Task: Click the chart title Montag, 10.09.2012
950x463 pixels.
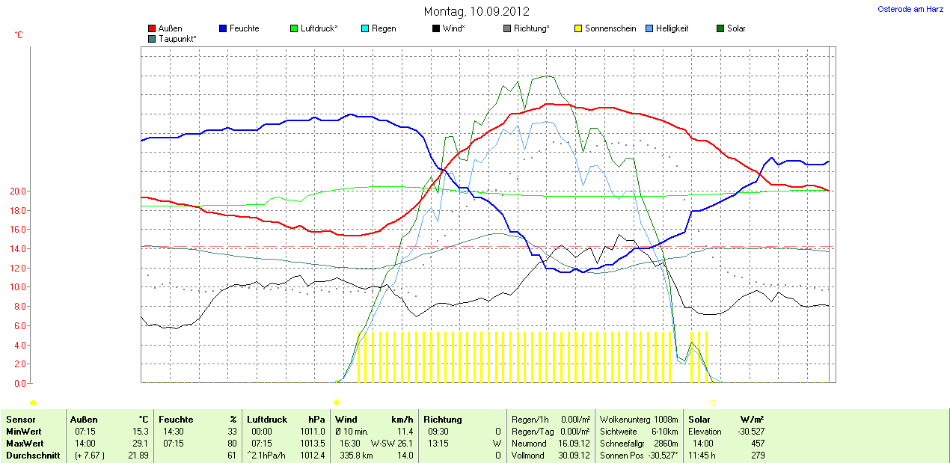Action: [x=476, y=11]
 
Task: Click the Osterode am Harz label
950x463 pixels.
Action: [x=910, y=9]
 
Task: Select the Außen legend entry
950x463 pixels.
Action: [x=170, y=28]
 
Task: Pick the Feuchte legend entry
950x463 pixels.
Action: [x=244, y=28]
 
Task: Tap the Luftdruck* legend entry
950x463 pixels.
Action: [x=319, y=28]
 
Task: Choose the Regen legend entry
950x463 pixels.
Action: [x=384, y=28]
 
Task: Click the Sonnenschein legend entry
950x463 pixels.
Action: [x=610, y=28]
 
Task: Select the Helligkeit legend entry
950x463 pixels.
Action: [x=672, y=28]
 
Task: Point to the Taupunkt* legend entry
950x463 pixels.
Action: [x=177, y=38]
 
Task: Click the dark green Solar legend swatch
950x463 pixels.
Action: [x=721, y=28]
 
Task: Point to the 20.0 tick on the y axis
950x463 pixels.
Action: [x=17, y=191]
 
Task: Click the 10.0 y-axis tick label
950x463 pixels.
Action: [x=17, y=287]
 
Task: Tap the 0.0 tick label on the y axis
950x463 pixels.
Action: [x=19, y=383]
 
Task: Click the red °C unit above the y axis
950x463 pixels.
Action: [x=19, y=35]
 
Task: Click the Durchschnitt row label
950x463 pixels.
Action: [x=33, y=456]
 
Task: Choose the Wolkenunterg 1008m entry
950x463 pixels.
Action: [x=639, y=420]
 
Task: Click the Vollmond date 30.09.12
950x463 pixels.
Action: [x=575, y=456]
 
